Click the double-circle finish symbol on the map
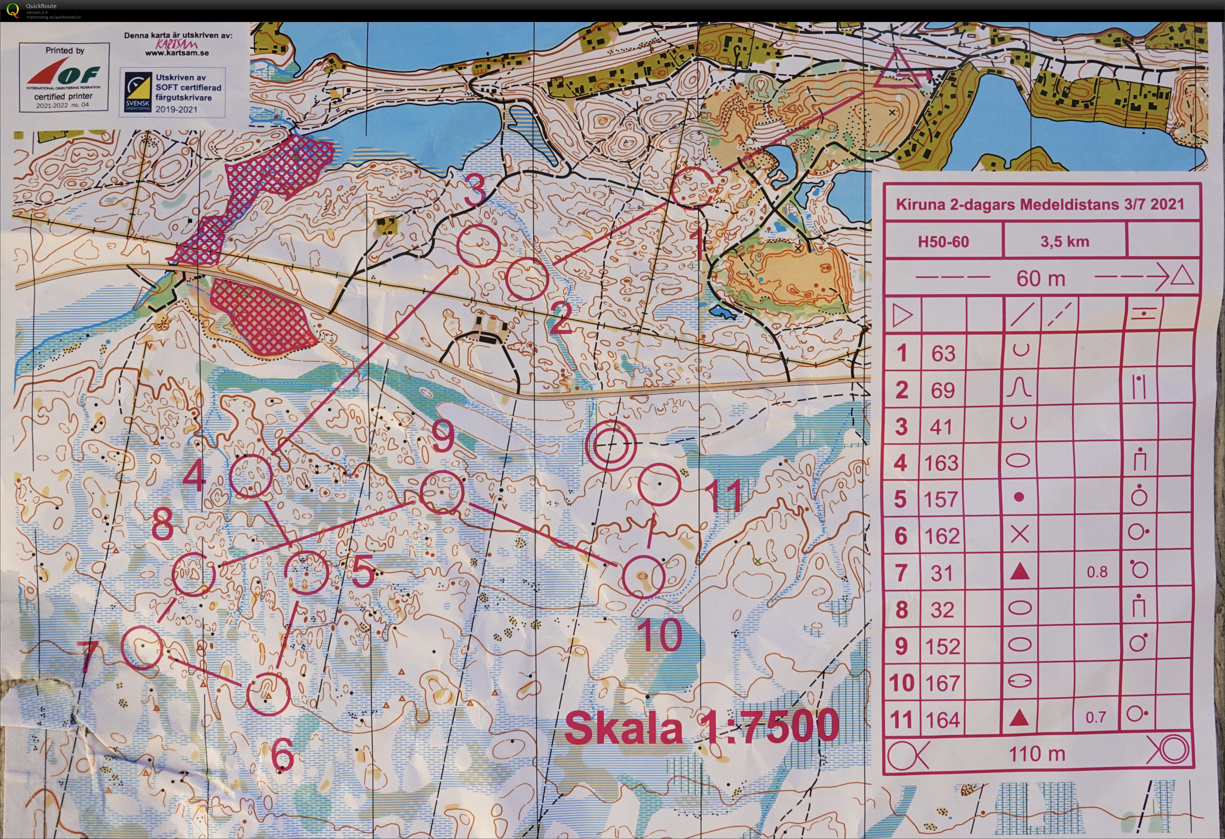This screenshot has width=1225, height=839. (x=610, y=445)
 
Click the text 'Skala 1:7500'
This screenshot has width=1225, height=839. (x=701, y=727)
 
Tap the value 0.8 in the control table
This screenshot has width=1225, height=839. (x=1097, y=572)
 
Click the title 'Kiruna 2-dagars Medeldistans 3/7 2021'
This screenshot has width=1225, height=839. (x=1040, y=205)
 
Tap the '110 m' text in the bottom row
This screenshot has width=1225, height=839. (x=1037, y=754)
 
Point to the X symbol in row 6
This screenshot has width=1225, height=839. (x=1019, y=535)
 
